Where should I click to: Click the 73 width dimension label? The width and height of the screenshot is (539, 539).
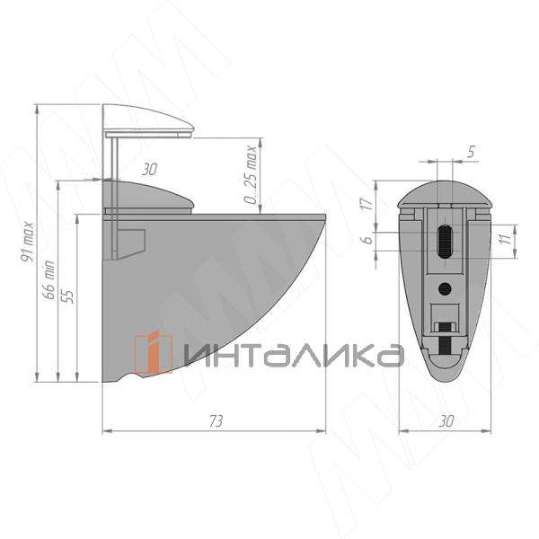tap(216, 421)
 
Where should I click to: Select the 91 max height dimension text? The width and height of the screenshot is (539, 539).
tap(28, 242)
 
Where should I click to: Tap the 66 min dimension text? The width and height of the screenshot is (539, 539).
tap(49, 280)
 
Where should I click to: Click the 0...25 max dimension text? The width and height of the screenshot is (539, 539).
tap(252, 174)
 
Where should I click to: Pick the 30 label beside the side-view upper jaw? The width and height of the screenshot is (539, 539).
tap(149, 170)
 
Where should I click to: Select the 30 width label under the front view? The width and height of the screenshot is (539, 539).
tap(446, 421)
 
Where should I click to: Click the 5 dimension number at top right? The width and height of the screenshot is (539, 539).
tap(472, 152)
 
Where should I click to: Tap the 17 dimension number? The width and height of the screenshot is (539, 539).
tap(367, 204)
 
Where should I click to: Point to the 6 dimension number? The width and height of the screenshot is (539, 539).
tap(367, 239)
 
